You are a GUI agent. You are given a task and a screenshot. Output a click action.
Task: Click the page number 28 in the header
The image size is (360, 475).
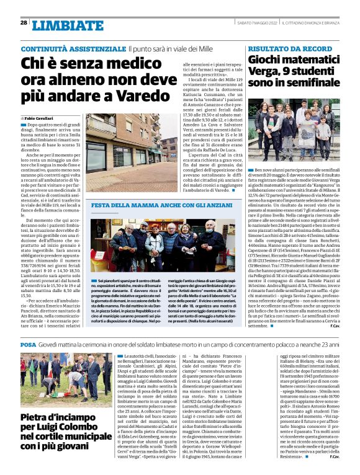point(24,22)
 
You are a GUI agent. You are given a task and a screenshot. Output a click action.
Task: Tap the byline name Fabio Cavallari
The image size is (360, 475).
point(39,117)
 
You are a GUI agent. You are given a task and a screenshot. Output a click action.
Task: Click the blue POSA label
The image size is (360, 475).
point(27,344)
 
